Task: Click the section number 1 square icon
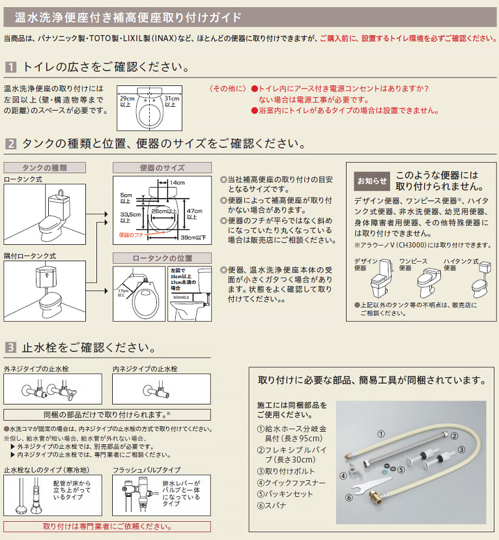[11, 67]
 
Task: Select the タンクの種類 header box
[44, 167]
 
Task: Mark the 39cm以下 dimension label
[193, 237]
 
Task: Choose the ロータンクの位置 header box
[162, 258]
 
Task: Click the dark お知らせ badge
[371, 180]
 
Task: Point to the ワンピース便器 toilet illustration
[427, 281]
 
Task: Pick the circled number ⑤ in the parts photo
[402, 468]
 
